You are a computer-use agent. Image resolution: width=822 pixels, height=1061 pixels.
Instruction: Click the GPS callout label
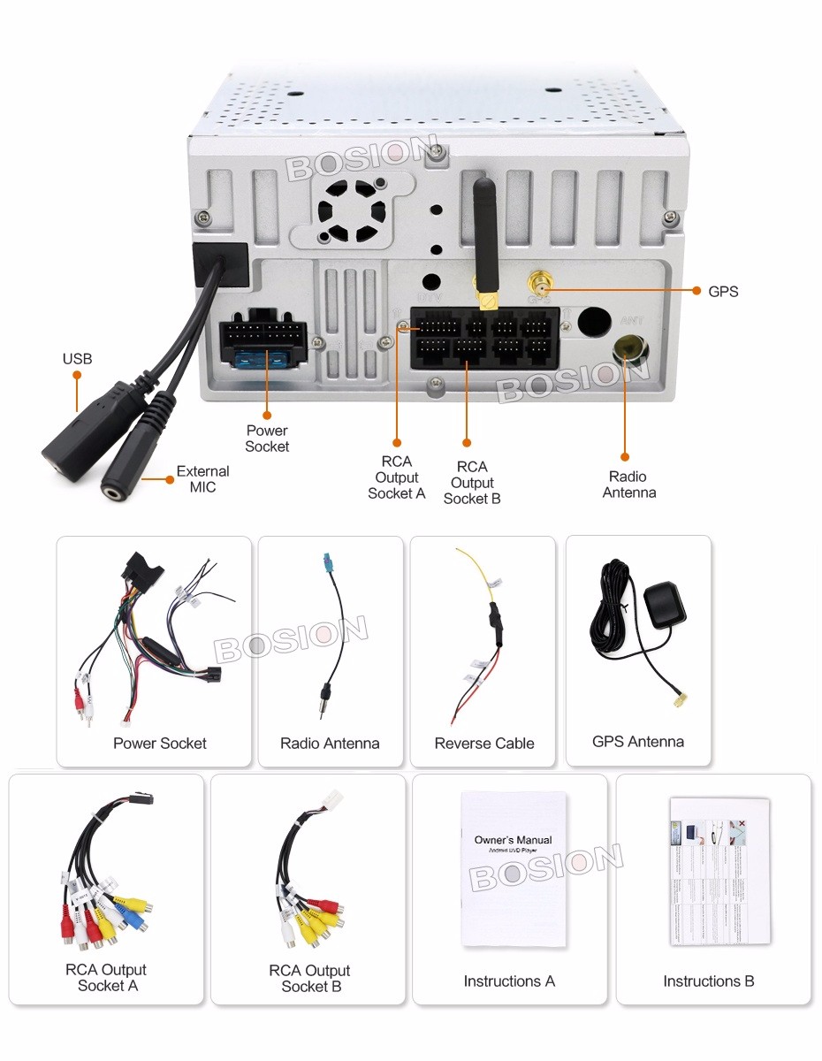(x=723, y=291)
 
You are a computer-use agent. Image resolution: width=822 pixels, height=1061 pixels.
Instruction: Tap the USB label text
(x=77, y=359)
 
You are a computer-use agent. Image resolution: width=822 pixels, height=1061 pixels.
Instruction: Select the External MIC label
(x=202, y=479)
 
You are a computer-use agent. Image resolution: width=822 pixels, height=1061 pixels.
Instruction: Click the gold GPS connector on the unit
(x=537, y=285)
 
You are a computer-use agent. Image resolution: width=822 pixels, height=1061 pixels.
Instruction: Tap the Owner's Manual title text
(x=513, y=840)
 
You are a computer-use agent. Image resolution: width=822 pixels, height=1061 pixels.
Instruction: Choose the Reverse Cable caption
(x=483, y=744)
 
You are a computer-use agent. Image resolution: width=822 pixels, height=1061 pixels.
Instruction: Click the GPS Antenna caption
(x=637, y=742)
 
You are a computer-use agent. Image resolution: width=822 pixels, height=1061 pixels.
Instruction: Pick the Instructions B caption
(x=708, y=981)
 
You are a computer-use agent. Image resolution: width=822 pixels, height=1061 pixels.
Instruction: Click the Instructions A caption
(x=509, y=981)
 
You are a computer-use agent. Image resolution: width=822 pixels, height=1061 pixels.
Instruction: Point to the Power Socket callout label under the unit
(x=267, y=439)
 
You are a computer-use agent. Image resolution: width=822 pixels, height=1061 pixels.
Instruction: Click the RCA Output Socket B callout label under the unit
(x=472, y=483)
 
